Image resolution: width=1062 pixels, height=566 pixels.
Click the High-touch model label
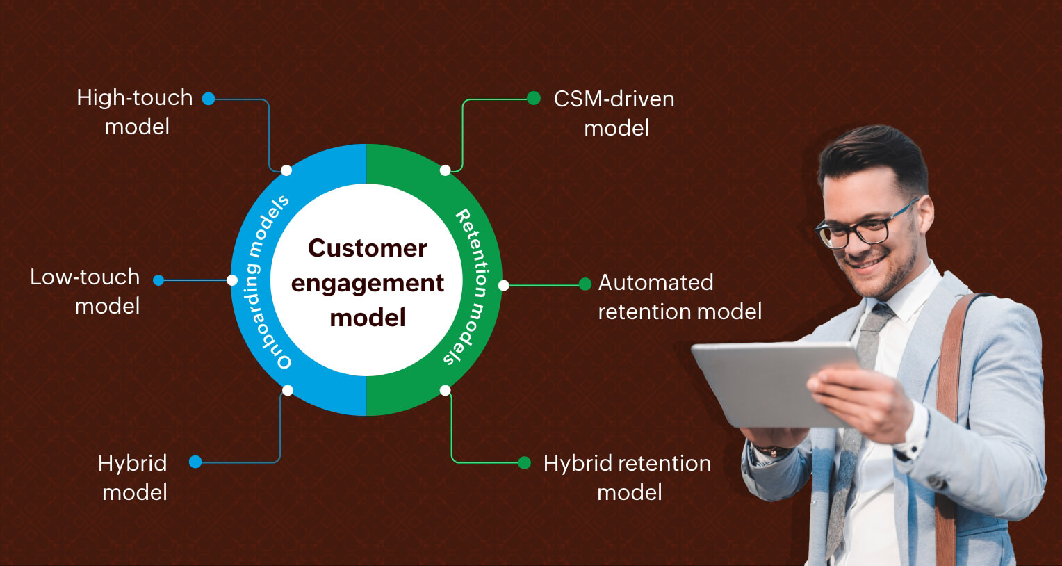(x=135, y=112)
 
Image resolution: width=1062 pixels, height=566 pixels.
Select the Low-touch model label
(x=85, y=291)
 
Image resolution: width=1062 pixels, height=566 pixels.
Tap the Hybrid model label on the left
(x=133, y=478)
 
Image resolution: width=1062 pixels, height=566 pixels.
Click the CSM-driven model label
(x=614, y=113)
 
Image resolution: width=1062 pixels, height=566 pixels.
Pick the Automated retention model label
(x=679, y=297)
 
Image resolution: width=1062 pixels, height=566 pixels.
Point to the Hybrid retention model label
(x=627, y=478)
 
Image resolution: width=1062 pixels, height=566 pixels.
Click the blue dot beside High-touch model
(x=209, y=99)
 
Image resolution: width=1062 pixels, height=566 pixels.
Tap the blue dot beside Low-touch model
(x=158, y=280)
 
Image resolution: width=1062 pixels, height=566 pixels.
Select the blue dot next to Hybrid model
(x=195, y=462)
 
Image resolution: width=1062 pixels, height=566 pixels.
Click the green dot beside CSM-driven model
(x=534, y=99)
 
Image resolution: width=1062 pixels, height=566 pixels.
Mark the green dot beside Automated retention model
(x=585, y=284)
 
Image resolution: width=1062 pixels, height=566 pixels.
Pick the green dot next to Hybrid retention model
(x=525, y=462)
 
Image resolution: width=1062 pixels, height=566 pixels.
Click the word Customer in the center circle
(x=367, y=248)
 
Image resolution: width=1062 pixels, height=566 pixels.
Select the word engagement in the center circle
(x=367, y=283)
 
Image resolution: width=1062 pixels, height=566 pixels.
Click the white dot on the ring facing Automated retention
(x=503, y=285)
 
